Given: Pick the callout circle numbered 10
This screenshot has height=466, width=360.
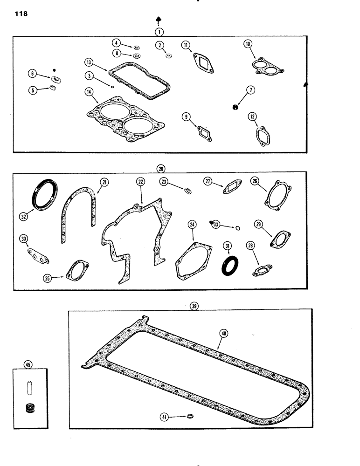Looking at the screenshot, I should click(x=248, y=44).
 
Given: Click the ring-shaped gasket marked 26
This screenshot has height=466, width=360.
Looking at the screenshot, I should click(x=274, y=199).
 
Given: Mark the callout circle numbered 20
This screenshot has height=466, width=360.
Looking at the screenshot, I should click(x=161, y=168).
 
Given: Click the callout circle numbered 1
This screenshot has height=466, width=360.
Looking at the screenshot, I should click(x=159, y=32).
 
